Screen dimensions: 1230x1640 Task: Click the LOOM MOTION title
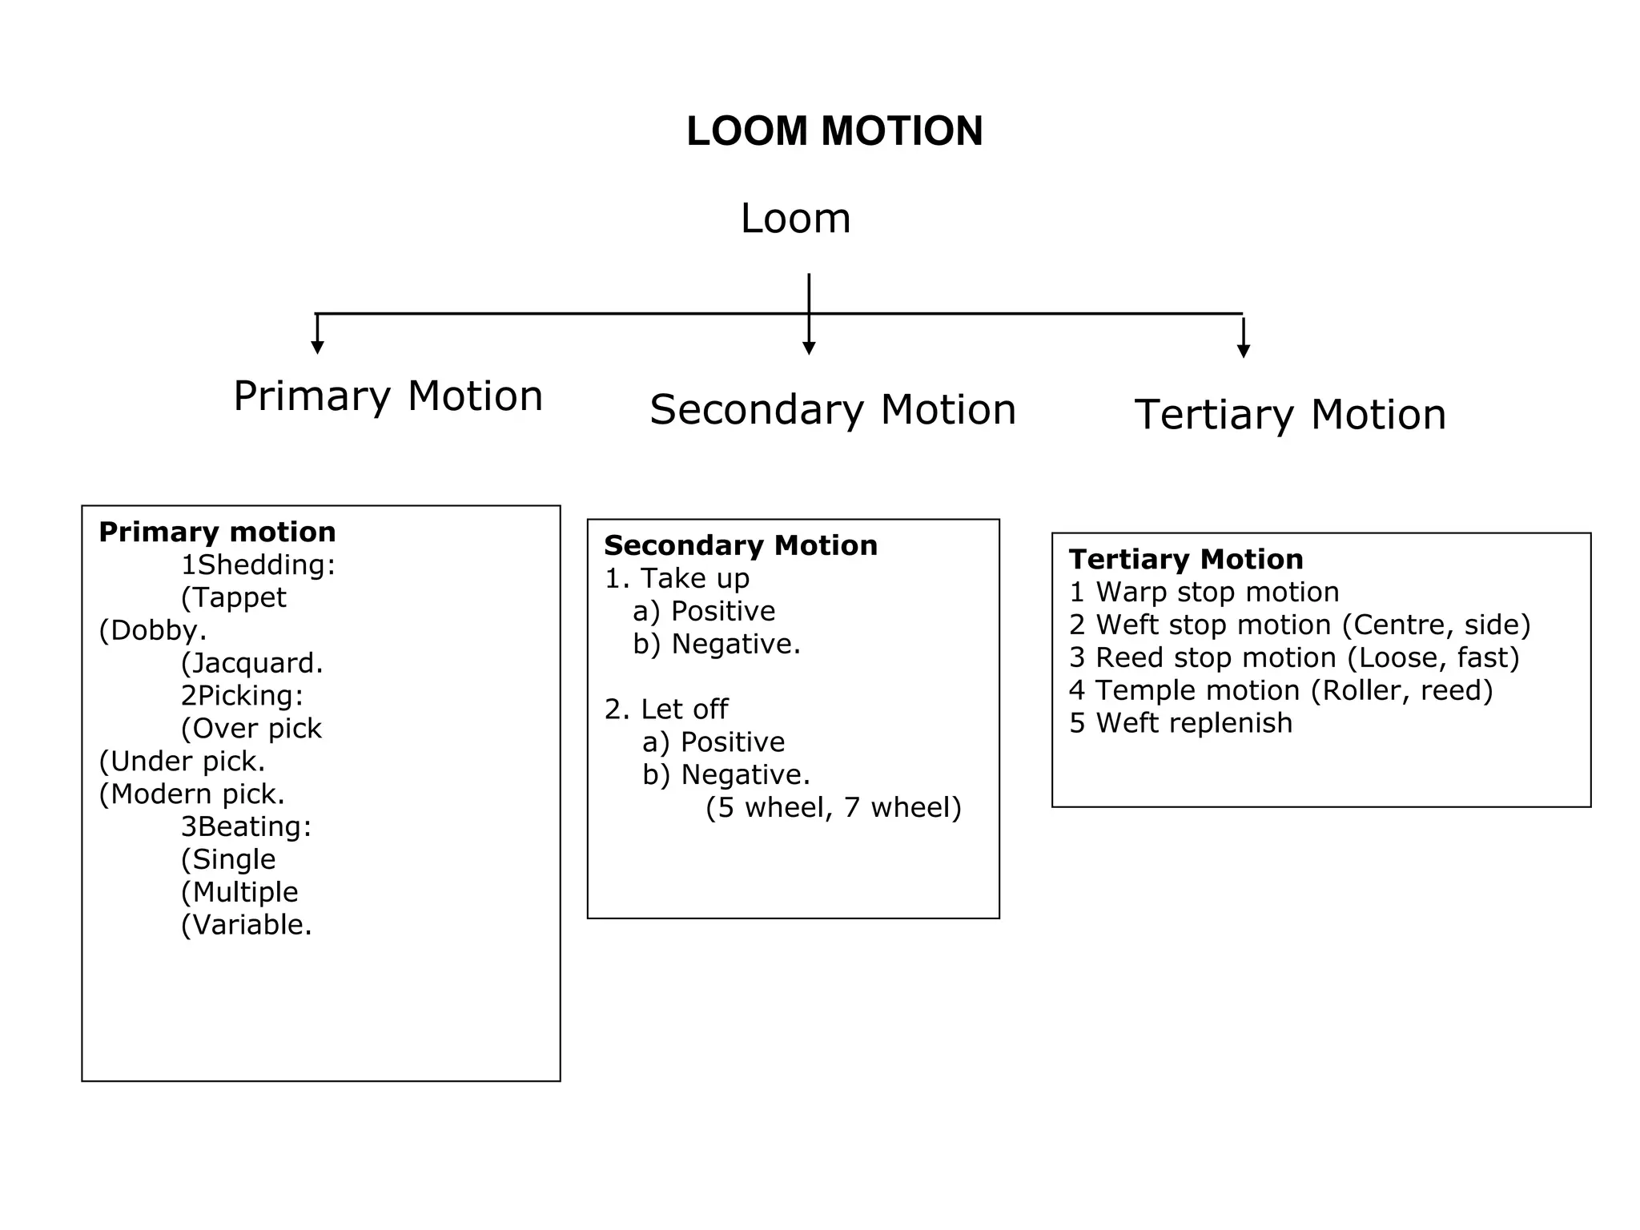834,131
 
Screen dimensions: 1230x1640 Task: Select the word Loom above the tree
795,219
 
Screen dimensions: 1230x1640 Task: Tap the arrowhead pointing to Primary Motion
318,348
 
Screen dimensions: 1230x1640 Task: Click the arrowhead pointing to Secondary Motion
809,348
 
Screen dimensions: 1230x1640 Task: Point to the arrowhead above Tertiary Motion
1244,352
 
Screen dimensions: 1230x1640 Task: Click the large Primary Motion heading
388,396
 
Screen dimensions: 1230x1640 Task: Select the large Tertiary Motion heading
1290,415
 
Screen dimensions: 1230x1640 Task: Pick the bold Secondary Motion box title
741,545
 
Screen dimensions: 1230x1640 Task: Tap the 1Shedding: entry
258,565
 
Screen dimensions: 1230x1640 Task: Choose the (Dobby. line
153,630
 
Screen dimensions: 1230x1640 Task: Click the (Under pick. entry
182,761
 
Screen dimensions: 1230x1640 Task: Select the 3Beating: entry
246,826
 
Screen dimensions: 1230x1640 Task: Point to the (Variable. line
246,925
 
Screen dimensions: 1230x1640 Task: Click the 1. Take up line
677,578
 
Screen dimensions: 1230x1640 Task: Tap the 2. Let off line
666,709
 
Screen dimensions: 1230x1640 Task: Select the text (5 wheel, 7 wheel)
834,807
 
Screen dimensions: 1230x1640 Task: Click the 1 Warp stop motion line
1204,592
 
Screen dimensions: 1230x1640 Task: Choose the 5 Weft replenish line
1180,723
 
